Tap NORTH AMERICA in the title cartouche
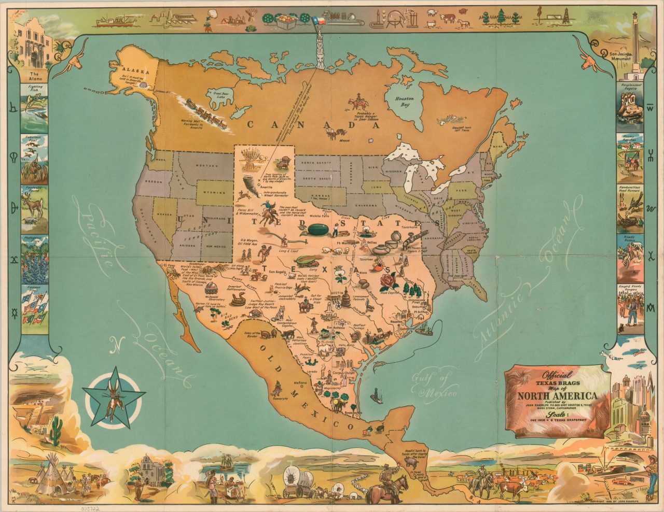tap(556, 397)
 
